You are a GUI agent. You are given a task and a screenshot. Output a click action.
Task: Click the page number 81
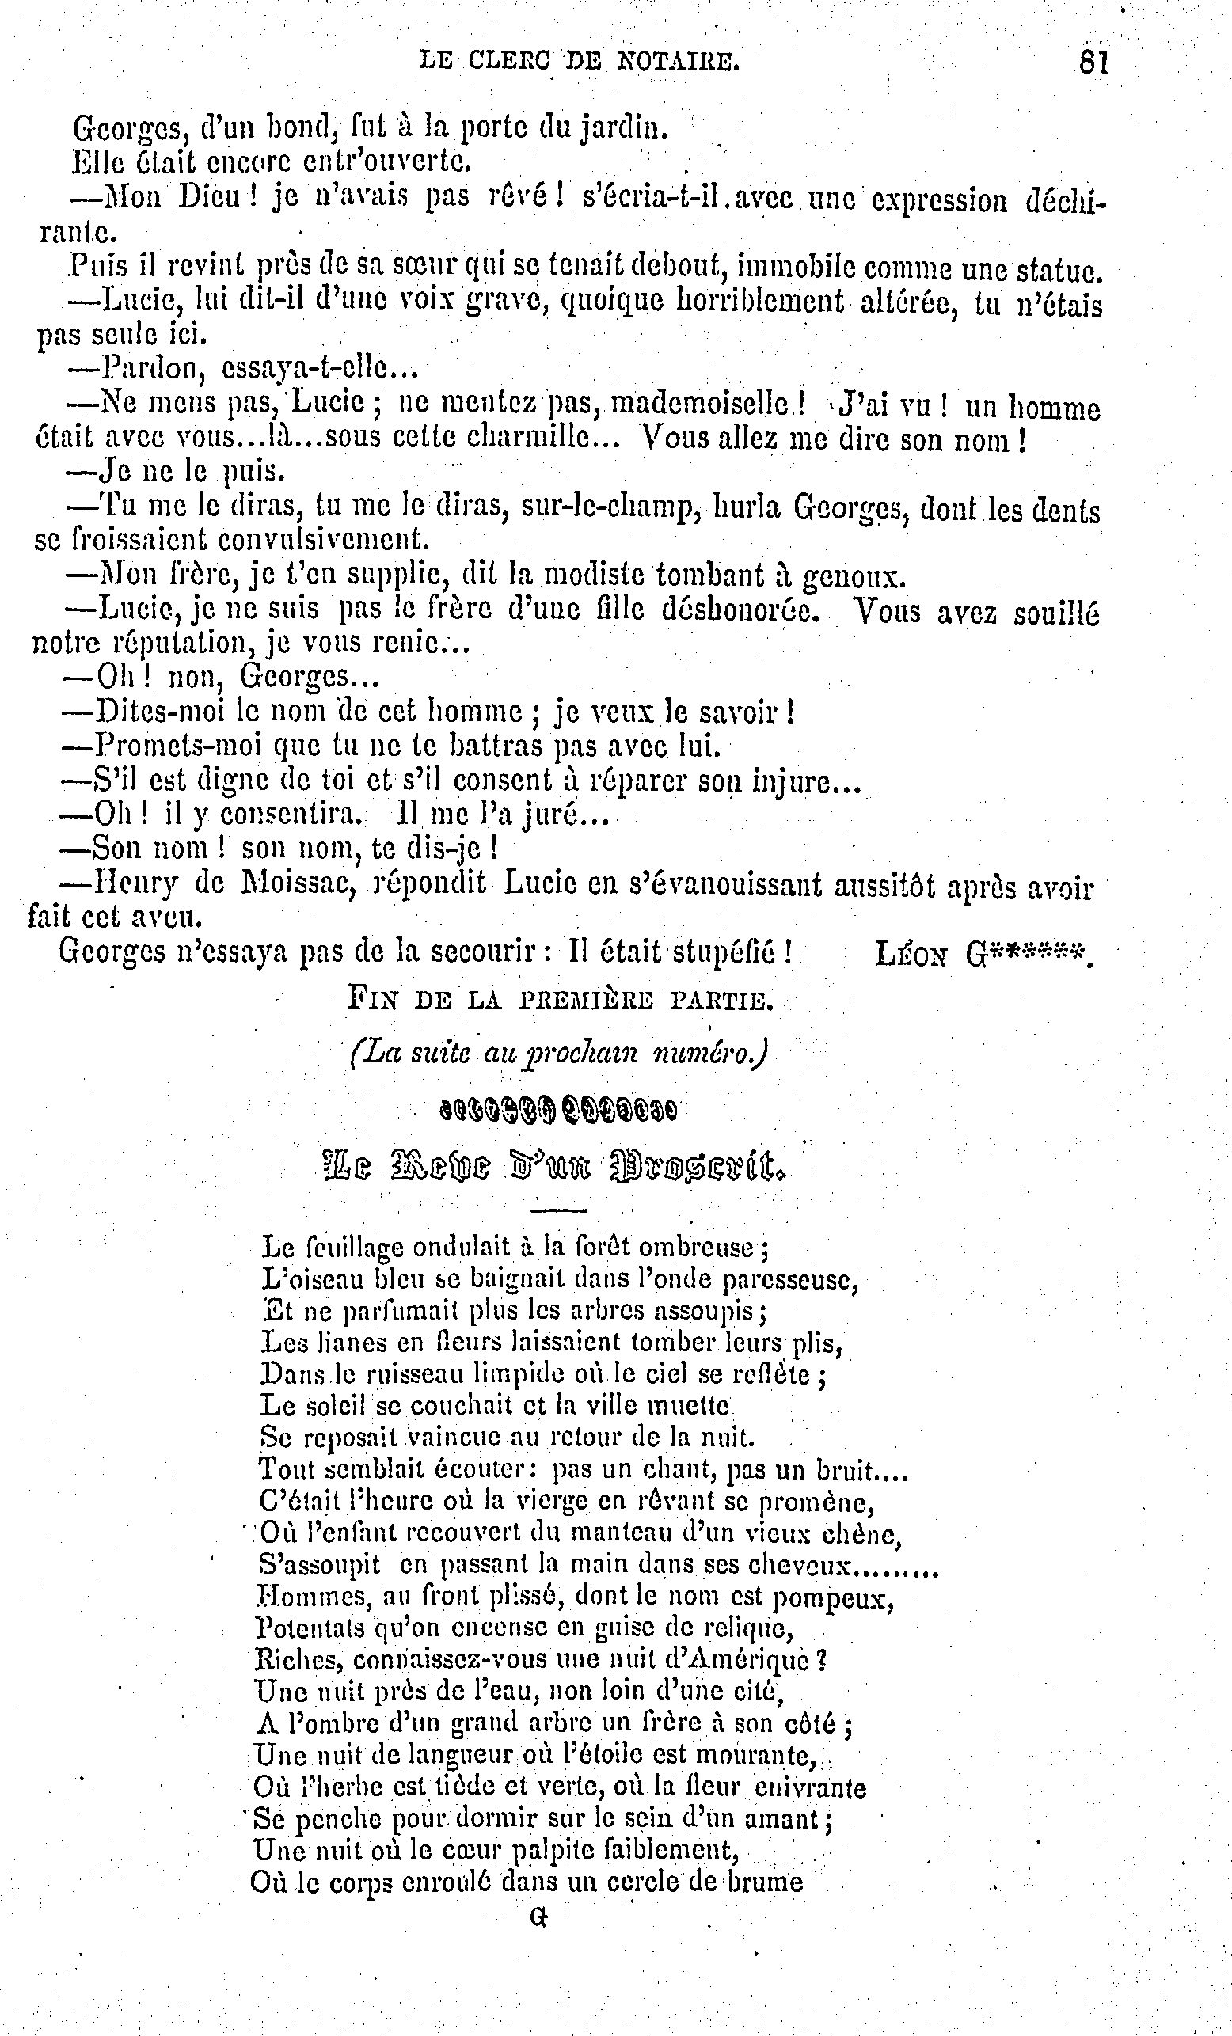pyautogui.click(x=1093, y=63)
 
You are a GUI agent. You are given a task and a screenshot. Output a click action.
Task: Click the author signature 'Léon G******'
pyautogui.click(x=983, y=955)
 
